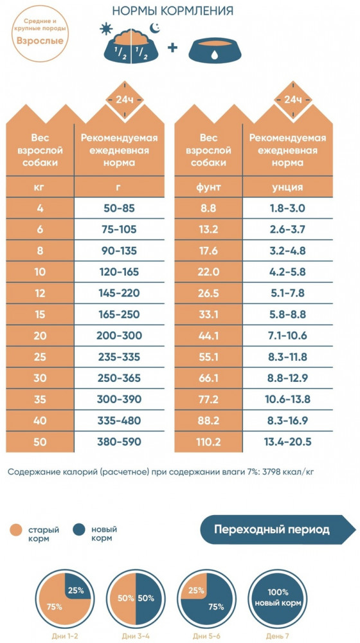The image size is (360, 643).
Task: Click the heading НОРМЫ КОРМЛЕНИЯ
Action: pyautogui.click(x=173, y=10)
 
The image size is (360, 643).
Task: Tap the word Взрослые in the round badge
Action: pyautogui.click(x=40, y=41)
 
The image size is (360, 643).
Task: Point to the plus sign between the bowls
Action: pyautogui.click(x=173, y=48)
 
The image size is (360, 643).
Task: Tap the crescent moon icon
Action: pyautogui.click(x=154, y=28)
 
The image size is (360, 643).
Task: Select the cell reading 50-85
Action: pyautogui.click(x=119, y=208)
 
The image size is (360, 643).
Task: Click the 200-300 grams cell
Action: pyautogui.click(x=119, y=336)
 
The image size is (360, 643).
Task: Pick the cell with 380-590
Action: pyautogui.click(x=119, y=442)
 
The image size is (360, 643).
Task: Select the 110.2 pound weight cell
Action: pyautogui.click(x=208, y=442)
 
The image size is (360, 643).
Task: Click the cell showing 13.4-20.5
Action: pyautogui.click(x=288, y=442)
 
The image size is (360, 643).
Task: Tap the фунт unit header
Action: pyautogui.click(x=208, y=187)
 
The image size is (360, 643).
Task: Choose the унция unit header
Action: pyautogui.click(x=288, y=187)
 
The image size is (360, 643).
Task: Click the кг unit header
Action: pyautogui.click(x=40, y=187)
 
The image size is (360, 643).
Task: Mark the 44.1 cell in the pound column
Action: pyautogui.click(x=208, y=336)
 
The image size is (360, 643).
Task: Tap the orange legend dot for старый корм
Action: pyautogui.click(x=17, y=530)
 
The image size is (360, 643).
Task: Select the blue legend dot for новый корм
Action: pyautogui.click(x=80, y=530)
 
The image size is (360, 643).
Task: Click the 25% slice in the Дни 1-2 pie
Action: pyautogui.click(x=76, y=592)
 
